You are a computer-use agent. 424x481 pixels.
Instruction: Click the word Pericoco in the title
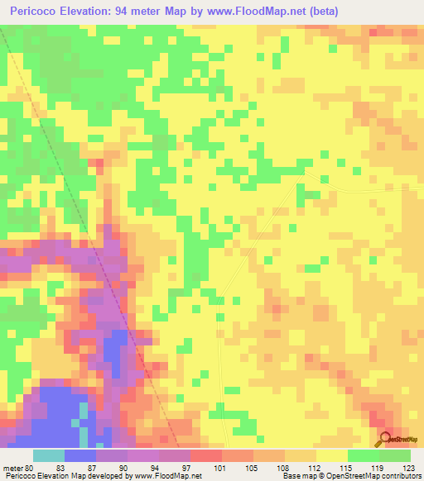coord(36,11)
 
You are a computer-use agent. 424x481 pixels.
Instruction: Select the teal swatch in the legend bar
coord(49,455)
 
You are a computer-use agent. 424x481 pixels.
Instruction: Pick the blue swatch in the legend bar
coord(80,455)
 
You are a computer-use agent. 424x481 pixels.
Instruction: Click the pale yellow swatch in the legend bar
coord(332,455)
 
